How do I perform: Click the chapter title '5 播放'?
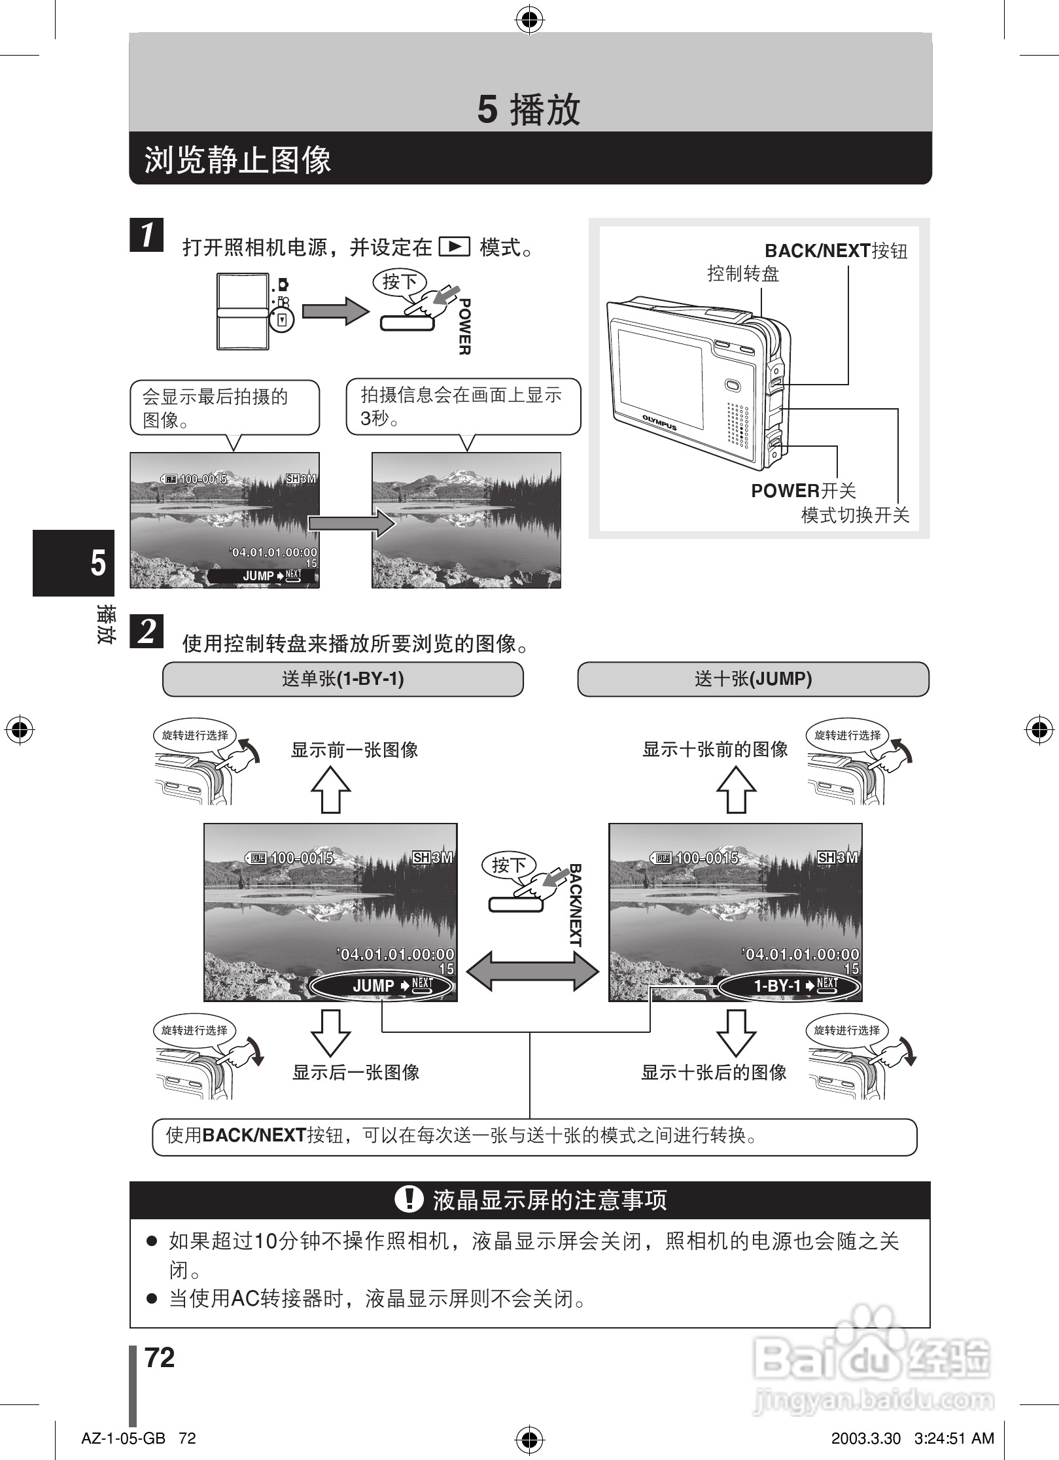click(x=529, y=109)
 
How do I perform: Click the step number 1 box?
click(x=147, y=234)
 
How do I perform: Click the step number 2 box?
click(x=147, y=631)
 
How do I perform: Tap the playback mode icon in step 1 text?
click(x=455, y=247)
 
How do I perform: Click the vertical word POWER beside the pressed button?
click(x=464, y=326)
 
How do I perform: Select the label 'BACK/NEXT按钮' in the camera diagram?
click(x=836, y=251)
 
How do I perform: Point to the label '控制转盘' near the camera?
click(x=743, y=273)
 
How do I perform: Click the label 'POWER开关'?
click(x=803, y=491)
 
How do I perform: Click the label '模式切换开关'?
click(x=855, y=515)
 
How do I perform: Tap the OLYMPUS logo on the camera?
click(x=659, y=422)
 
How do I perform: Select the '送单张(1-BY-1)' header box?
click(x=343, y=679)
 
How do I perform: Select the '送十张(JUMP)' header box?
click(x=753, y=679)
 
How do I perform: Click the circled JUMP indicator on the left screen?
click(x=382, y=986)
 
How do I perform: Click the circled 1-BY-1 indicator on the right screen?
click(x=789, y=986)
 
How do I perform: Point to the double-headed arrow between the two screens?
click(x=532, y=971)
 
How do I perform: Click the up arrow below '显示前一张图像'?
click(x=331, y=790)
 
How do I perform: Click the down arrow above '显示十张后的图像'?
click(x=736, y=1032)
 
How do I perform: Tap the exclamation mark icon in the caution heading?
click(x=409, y=1200)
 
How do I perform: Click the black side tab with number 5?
click(x=74, y=563)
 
